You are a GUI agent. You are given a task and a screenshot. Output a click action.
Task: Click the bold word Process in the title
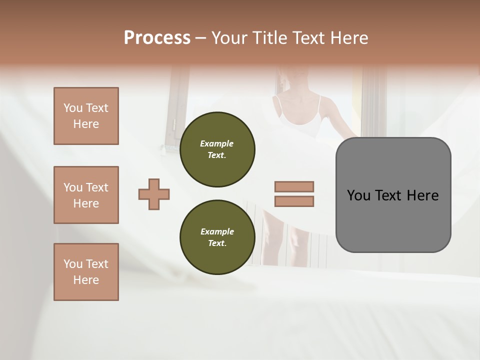point(157,38)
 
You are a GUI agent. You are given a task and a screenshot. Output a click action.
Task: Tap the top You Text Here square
point(86,116)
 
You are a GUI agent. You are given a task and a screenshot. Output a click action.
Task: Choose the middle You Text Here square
point(86,195)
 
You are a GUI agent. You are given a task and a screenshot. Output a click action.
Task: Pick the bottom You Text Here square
point(86,272)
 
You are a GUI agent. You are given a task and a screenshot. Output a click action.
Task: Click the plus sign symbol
point(154,194)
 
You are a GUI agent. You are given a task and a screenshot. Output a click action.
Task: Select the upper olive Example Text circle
point(217,149)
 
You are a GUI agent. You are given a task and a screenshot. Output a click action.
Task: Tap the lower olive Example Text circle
point(217,237)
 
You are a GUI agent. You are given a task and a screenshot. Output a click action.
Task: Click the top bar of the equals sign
point(294,186)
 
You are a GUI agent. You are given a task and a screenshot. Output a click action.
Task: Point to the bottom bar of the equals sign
point(294,201)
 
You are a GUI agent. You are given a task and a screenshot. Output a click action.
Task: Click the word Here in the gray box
point(422,195)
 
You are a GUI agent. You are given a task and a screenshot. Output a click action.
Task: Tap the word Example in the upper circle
point(217,143)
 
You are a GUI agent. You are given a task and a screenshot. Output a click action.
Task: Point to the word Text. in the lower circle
point(217,243)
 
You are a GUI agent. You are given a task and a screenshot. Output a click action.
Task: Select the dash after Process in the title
point(201,38)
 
